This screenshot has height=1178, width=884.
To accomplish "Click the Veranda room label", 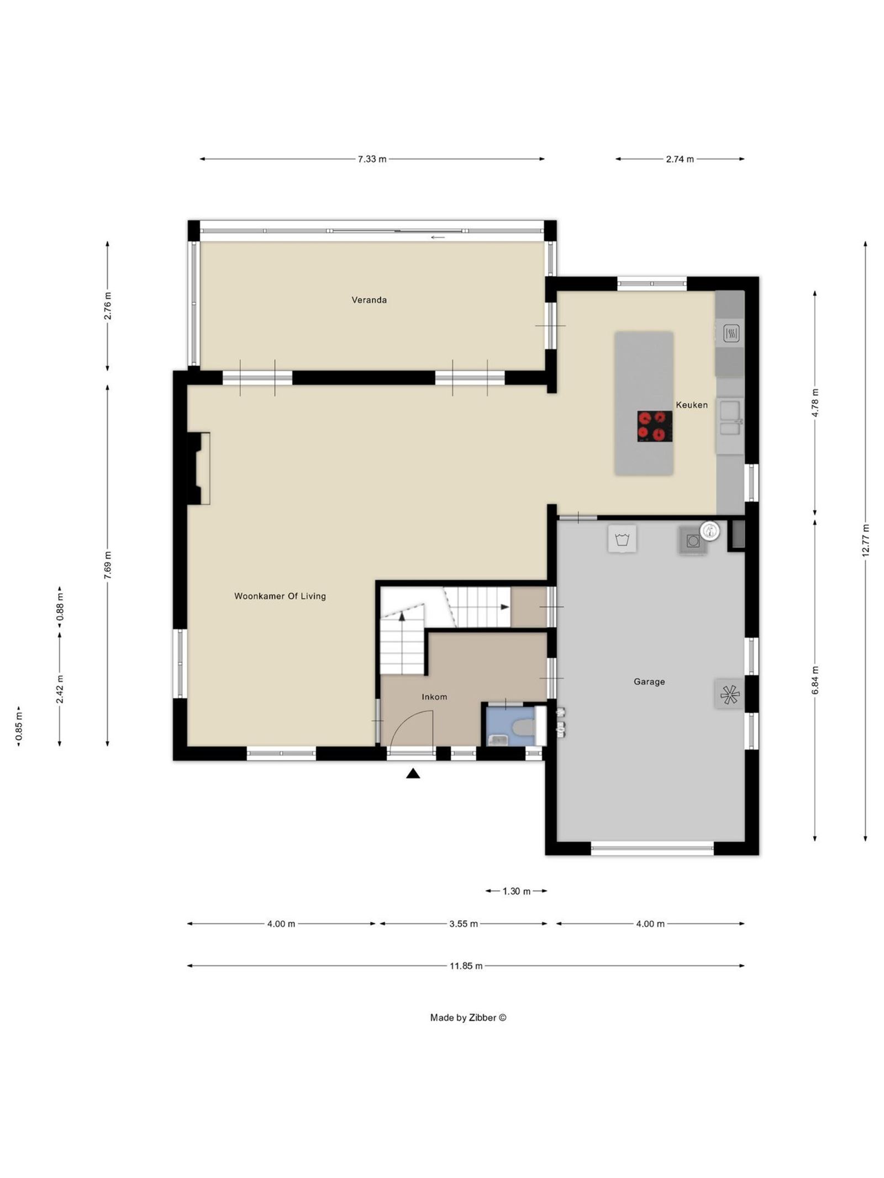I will point(369,300).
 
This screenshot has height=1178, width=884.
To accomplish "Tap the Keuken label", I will point(691,405).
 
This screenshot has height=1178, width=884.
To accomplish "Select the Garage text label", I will point(649,682).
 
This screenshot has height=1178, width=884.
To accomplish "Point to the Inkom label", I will point(434,697).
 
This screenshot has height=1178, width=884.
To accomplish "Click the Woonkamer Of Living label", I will point(280,596).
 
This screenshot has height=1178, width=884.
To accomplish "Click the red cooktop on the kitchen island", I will point(654,426).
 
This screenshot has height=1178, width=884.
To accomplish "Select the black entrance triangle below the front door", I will point(413,774).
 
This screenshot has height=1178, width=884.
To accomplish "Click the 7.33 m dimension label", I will point(372,159).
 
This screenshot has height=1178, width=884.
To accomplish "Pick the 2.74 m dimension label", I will point(680,159).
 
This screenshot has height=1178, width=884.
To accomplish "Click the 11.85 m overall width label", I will point(466,966).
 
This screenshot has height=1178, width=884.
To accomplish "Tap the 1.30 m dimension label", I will point(516,891).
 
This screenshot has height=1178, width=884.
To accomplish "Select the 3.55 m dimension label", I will point(463,923).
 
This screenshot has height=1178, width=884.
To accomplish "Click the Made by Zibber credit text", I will point(468,1017).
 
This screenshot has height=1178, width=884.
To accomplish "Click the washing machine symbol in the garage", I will point(622,538).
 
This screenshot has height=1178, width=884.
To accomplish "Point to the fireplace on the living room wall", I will point(199,468).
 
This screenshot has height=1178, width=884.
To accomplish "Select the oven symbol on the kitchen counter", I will point(731,333).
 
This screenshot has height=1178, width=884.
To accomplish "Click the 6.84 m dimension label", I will point(815,680).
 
